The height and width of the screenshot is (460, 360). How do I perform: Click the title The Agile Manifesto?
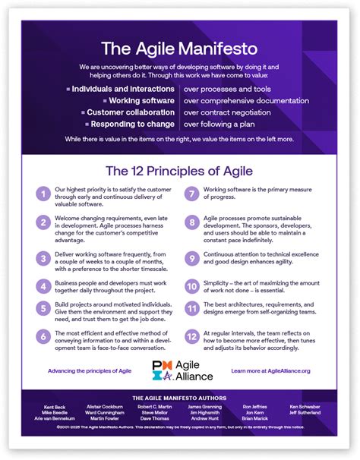click(x=180, y=50)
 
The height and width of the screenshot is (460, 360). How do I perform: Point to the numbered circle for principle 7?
click(x=192, y=194)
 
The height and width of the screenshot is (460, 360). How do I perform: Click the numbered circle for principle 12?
click(x=192, y=336)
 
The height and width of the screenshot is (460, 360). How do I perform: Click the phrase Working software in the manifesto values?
click(x=144, y=100)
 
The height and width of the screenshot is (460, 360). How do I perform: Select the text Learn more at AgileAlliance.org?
click(x=273, y=371)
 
